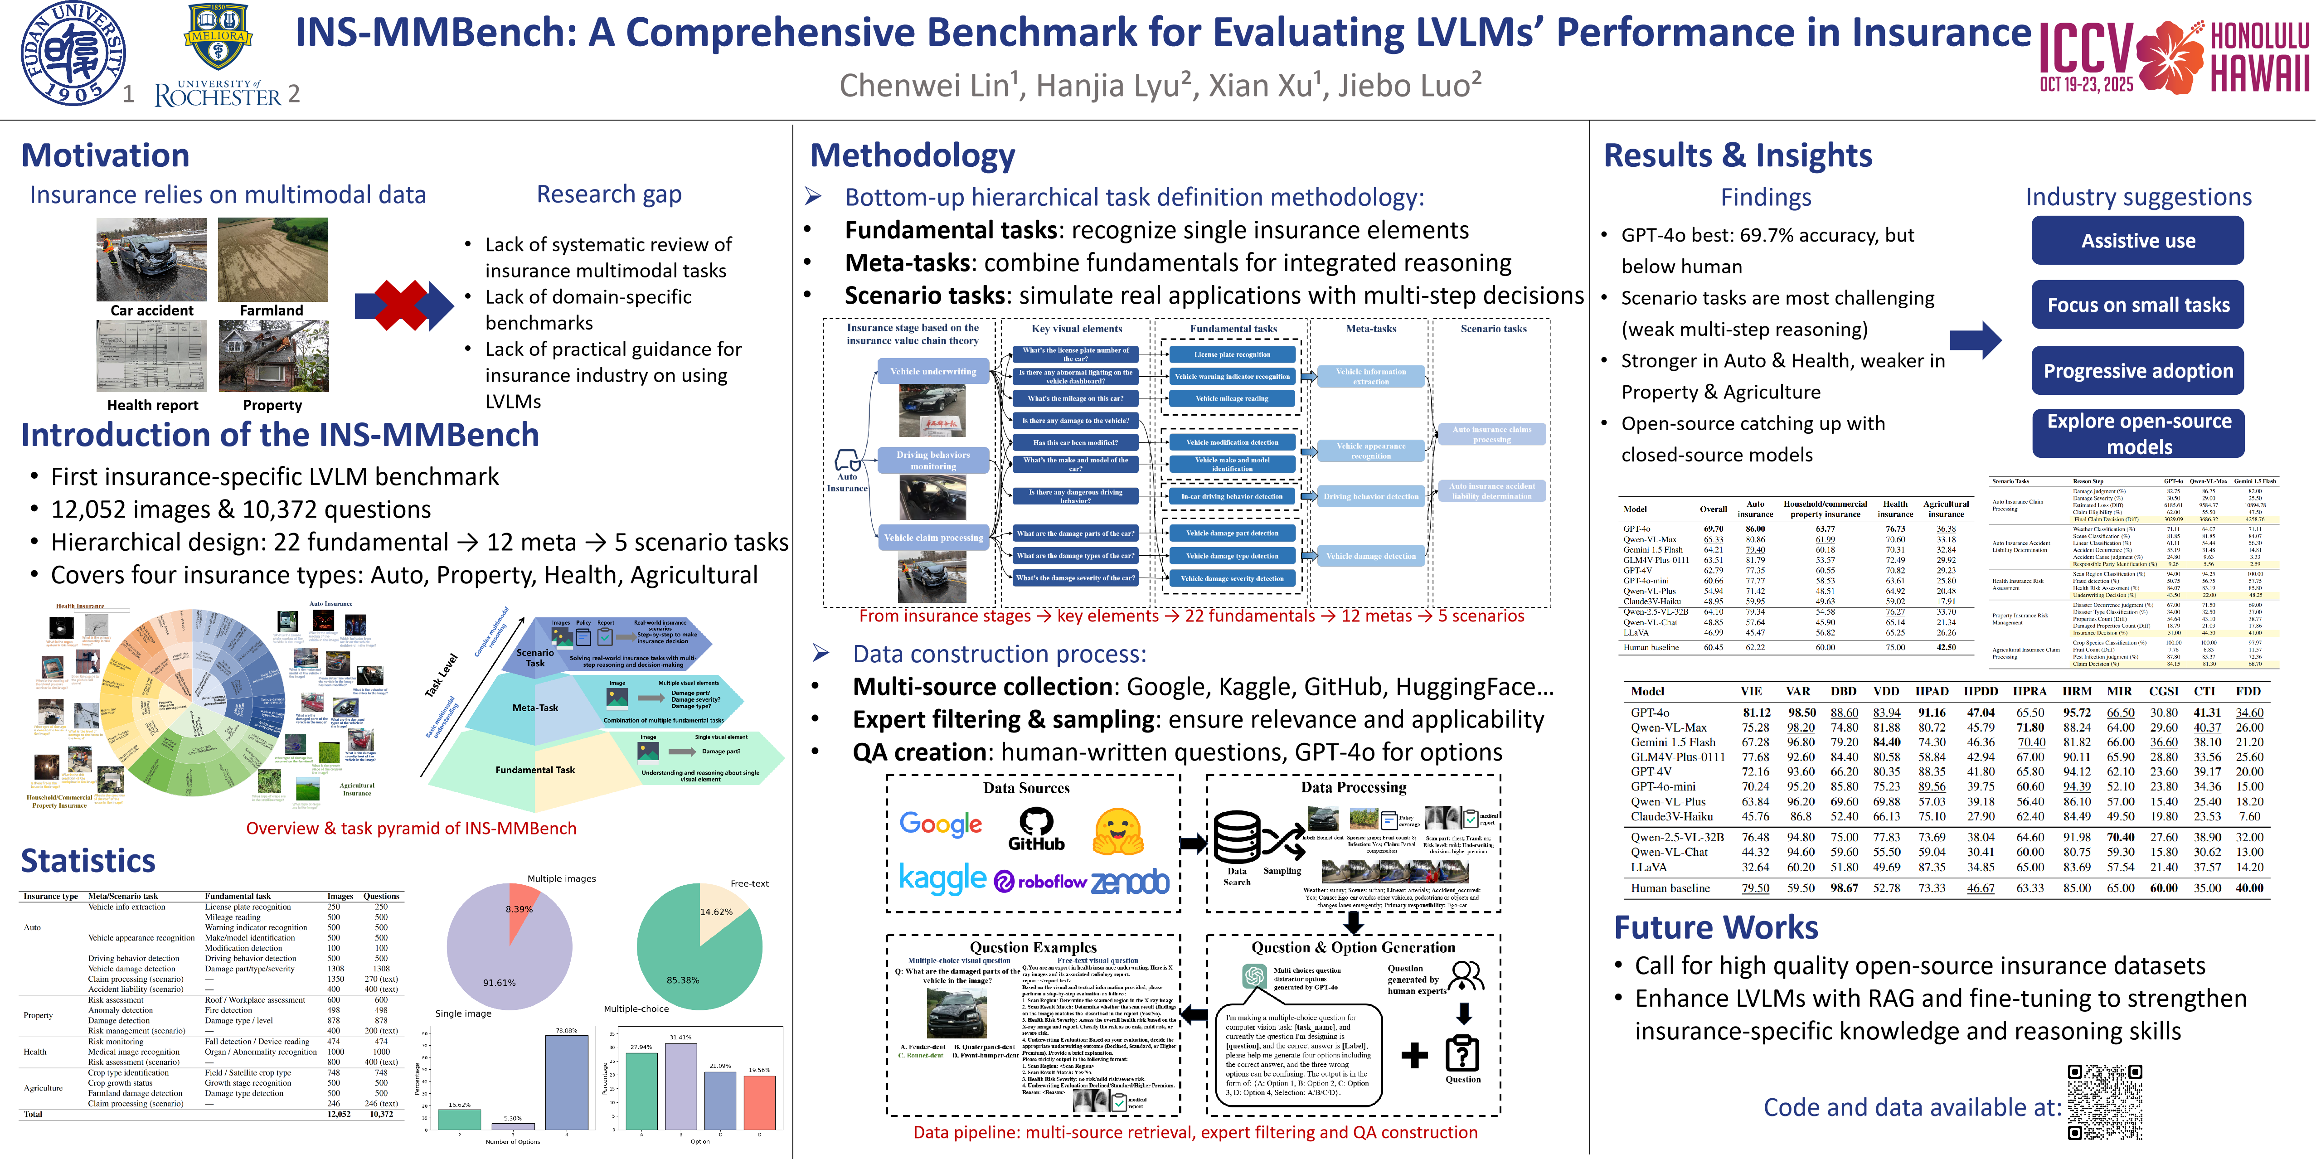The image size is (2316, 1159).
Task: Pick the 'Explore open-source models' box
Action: click(2138, 433)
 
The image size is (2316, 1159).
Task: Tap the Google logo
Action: click(941, 824)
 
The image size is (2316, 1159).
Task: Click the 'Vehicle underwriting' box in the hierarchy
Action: click(933, 371)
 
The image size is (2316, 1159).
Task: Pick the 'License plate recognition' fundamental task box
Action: click(1232, 354)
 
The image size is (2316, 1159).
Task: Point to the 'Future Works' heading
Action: click(1715, 927)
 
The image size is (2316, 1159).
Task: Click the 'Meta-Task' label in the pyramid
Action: click(535, 708)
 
